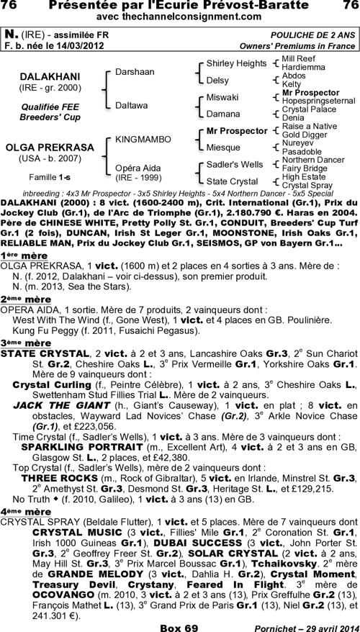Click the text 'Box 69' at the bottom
(180, 625)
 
